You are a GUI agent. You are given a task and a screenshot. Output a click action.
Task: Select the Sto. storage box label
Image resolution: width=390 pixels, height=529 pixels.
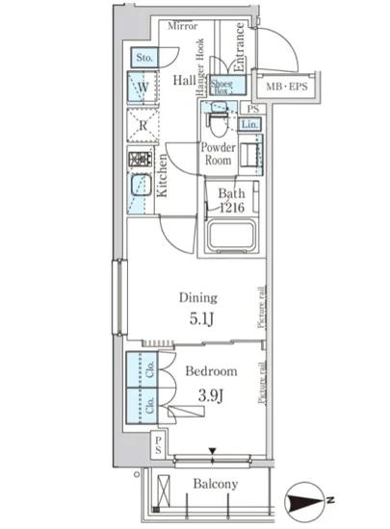pyautogui.click(x=144, y=60)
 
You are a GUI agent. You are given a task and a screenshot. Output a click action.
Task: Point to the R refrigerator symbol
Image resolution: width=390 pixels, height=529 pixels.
pyautogui.click(x=143, y=125)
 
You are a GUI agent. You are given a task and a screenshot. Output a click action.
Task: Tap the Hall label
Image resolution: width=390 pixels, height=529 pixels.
pyautogui.click(x=185, y=82)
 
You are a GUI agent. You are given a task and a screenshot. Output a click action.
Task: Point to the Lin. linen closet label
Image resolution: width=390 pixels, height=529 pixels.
pyautogui.click(x=248, y=125)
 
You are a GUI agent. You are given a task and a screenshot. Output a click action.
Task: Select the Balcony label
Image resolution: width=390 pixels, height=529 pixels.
pyautogui.click(x=214, y=485)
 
